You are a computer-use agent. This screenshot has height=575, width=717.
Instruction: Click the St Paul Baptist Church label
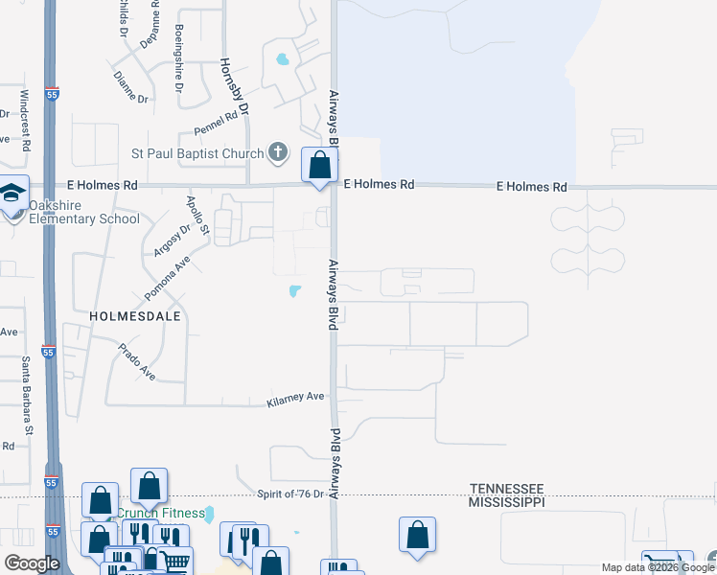click(x=197, y=153)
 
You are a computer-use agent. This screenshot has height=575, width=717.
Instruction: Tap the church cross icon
click(x=278, y=151)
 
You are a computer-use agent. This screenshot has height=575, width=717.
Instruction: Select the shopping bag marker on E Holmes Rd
click(x=319, y=165)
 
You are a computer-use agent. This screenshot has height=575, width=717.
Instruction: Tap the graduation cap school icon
click(x=12, y=195)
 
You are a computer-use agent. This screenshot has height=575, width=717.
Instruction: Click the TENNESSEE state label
click(x=506, y=488)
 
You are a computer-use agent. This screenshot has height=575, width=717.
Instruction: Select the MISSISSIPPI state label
click(x=506, y=501)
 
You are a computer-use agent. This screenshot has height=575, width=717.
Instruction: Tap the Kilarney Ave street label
click(x=297, y=396)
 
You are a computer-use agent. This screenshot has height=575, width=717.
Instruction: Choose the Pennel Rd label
click(x=216, y=122)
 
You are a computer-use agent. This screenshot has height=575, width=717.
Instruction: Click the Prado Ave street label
click(x=138, y=361)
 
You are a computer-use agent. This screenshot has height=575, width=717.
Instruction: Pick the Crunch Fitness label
click(x=160, y=513)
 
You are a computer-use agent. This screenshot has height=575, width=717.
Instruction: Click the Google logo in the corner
click(x=32, y=563)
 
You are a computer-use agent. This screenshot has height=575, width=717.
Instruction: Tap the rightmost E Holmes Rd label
click(x=531, y=187)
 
